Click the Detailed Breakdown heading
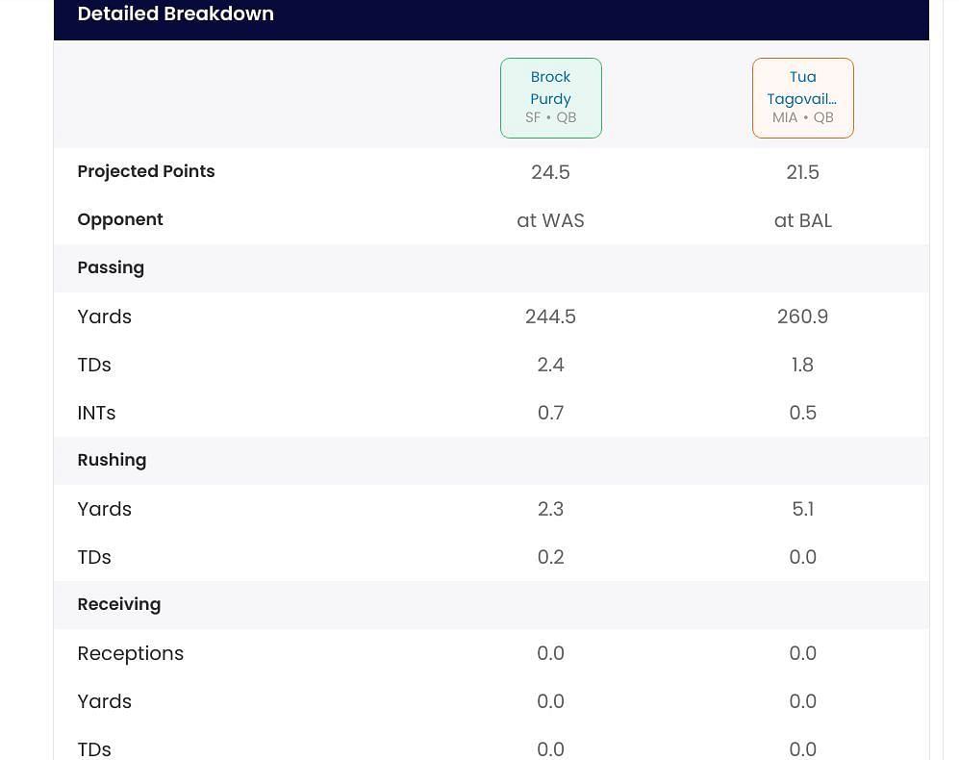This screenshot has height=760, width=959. tap(175, 14)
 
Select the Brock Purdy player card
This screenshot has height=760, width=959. tap(550, 97)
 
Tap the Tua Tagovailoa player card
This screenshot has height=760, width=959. tap(802, 97)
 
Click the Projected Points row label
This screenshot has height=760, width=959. tap(146, 171)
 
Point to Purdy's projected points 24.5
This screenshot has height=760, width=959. tap(550, 172)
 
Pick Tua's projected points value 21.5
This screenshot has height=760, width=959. tap(802, 172)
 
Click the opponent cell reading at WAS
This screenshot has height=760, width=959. tap(550, 220)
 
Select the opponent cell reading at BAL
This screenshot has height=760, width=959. tap(802, 220)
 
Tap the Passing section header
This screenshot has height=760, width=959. tap(111, 267)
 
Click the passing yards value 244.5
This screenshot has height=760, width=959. tap(550, 317)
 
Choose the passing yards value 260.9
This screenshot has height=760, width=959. tap(802, 317)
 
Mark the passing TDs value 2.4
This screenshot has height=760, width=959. tap(550, 365)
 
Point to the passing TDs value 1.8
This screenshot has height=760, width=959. tap(802, 365)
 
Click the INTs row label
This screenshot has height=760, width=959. tap(96, 413)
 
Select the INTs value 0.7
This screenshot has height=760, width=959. tap(550, 413)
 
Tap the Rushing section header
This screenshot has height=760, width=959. tap(112, 460)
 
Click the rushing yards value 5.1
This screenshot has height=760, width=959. tap(802, 509)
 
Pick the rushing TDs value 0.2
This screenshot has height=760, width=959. tap(550, 557)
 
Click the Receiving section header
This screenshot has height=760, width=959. tap(118, 604)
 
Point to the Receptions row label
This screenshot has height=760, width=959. tap(130, 653)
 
